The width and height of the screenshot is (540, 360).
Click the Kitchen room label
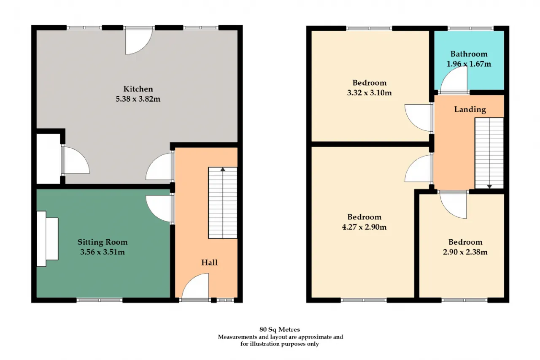(x=138, y=89)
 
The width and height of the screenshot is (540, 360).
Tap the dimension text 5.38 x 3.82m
(x=138, y=99)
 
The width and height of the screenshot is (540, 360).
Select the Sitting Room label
(x=103, y=242)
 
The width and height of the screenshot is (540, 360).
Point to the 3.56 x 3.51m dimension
(x=103, y=252)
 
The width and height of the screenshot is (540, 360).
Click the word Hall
(x=210, y=263)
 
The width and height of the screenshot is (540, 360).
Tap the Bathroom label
(x=469, y=54)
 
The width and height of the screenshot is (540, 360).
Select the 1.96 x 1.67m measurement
(x=469, y=64)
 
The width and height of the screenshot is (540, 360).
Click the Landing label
(x=470, y=109)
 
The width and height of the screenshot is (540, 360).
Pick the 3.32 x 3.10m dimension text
(x=369, y=92)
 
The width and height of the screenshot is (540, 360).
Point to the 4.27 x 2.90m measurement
(x=364, y=227)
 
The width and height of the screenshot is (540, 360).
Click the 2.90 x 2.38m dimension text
(x=465, y=252)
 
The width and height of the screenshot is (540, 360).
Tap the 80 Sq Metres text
(x=280, y=329)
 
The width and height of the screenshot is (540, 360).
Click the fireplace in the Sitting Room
(x=48, y=239)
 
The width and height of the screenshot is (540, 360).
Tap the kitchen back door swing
(x=139, y=41)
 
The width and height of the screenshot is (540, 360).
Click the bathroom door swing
(x=454, y=79)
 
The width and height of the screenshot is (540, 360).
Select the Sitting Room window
(x=100, y=300)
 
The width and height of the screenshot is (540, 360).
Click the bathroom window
(x=470, y=28)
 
